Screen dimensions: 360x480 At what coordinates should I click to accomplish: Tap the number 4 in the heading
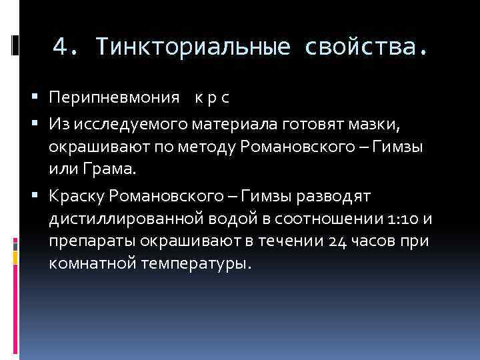click(x=61, y=47)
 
